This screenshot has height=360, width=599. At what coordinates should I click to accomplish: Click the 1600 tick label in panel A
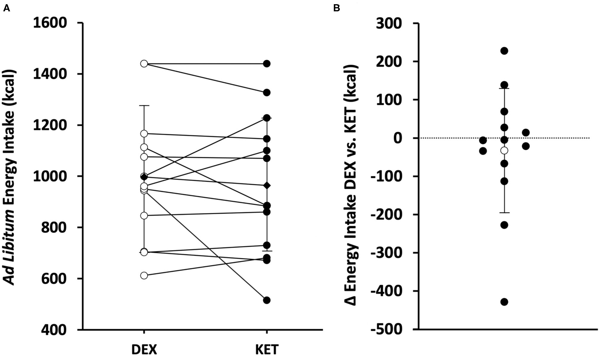[50, 23]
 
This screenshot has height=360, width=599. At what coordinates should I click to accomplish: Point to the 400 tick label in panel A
[54, 330]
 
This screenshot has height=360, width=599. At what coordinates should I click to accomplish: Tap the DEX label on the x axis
[144, 350]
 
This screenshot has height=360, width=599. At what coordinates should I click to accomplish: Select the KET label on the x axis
[267, 350]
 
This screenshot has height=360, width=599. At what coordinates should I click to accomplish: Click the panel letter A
[7, 8]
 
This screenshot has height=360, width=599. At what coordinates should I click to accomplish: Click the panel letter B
[336, 8]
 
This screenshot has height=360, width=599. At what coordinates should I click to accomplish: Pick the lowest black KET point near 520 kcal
[267, 300]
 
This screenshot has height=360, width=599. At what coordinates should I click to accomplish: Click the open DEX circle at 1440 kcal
[144, 64]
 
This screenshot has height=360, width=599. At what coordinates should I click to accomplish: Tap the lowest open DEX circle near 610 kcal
[144, 275]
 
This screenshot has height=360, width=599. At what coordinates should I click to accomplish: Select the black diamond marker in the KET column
[267, 186]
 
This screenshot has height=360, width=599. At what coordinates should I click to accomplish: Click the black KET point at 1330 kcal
[267, 93]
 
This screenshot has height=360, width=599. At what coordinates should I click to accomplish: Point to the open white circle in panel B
[504, 151]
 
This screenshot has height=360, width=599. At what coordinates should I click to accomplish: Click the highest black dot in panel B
[504, 51]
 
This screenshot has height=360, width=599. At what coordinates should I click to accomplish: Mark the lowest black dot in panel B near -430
[504, 302]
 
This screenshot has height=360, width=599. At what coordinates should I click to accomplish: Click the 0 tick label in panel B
[397, 138]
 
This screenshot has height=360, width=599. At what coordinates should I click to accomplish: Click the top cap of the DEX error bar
[144, 106]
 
